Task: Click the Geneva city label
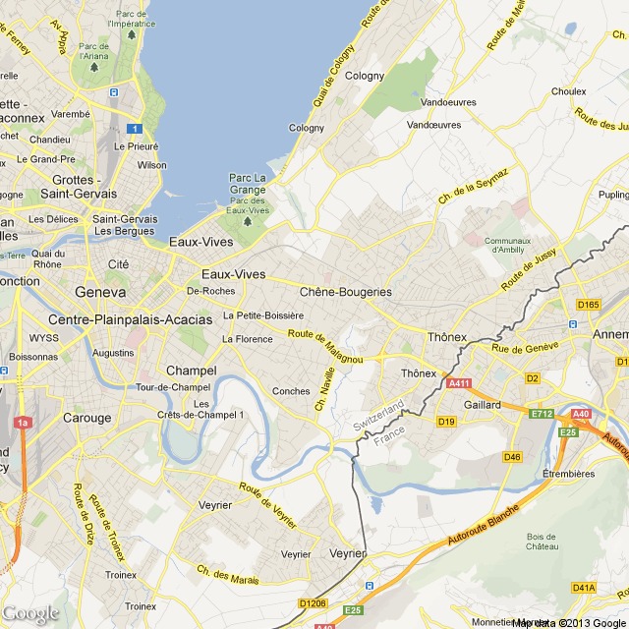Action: (x=100, y=292)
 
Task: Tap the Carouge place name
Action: (x=87, y=418)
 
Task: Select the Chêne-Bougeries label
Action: (x=345, y=292)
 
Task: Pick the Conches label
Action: (x=291, y=391)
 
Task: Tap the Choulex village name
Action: (x=568, y=91)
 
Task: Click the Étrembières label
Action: (x=569, y=473)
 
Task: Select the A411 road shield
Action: (x=459, y=383)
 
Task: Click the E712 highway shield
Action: (x=542, y=414)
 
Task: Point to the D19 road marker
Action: (x=447, y=422)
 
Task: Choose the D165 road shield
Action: (x=589, y=305)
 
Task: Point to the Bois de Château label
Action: (x=542, y=542)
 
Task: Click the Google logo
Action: (x=30, y=613)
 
